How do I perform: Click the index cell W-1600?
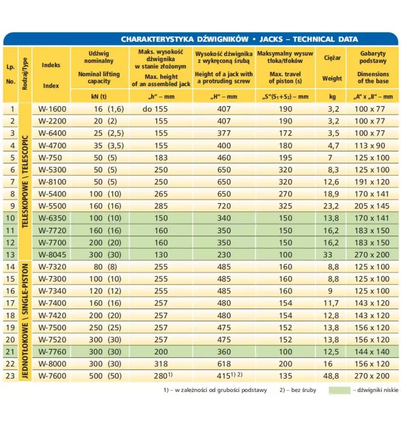(52, 109)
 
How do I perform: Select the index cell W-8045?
(52, 254)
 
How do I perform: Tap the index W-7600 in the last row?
(52, 376)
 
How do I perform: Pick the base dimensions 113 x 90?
(373, 145)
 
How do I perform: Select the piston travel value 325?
(286, 206)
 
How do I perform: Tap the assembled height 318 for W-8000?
(161, 364)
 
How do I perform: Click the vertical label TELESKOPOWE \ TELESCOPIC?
(26, 181)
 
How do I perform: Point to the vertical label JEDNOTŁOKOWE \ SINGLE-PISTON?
(26, 321)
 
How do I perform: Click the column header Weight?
(332, 79)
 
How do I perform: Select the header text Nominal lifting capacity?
(99, 78)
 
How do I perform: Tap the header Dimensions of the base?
(373, 78)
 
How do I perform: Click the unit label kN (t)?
(99, 97)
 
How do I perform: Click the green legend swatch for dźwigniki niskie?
(339, 390)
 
